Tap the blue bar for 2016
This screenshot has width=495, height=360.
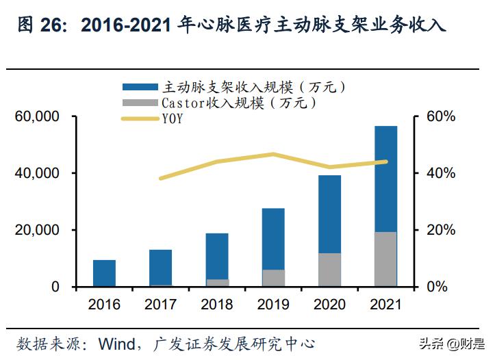coord(105,273)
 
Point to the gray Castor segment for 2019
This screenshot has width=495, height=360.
coord(273,278)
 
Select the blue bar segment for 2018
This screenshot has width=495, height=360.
coord(217,256)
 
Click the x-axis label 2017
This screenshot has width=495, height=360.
coord(160,303)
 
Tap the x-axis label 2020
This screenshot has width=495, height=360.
coord(329,303)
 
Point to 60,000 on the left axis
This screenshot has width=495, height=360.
coord(38,117)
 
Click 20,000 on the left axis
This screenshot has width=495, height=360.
coord(38,230)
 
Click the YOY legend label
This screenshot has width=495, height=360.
coord(173,119)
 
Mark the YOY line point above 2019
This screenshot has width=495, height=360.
coord(273,154)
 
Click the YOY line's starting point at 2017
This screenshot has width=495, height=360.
coord(161,178)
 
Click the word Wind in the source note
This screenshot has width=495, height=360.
coord(119,342)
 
